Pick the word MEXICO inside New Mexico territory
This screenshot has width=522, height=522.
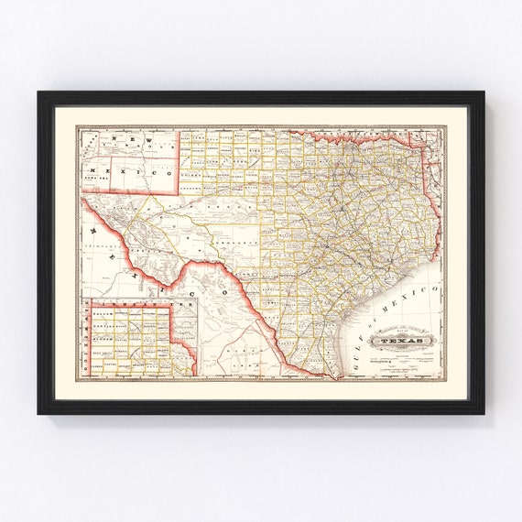pos(137,172)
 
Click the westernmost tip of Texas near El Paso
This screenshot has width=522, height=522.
pos(83,196)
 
